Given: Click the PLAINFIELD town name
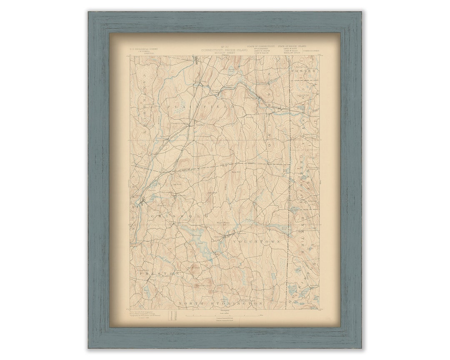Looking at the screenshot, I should [x=201, y=107].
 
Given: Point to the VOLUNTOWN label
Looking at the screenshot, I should [x=257, y=242].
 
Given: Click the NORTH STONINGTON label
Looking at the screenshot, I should [x=220, y=304].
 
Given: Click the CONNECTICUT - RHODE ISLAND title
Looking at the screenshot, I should [x=224, y=50].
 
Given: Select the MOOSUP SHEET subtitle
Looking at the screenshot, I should [x=224, y=53].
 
